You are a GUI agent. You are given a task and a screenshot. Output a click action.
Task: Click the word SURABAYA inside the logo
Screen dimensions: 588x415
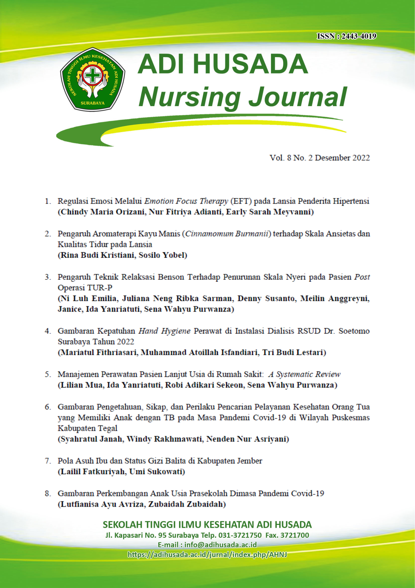tap(93, 103)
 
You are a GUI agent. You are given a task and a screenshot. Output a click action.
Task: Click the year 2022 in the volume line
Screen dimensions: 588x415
tap(361, 158)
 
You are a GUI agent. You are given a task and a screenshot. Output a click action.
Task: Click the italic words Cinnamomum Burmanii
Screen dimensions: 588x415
tap(227, 234)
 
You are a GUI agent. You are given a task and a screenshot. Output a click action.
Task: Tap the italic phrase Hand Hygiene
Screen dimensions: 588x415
tap(164, 331)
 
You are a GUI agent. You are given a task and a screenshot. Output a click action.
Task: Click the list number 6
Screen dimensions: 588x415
tap(47, 407)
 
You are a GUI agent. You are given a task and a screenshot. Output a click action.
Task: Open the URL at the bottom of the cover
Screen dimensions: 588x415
tap(207, 554)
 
